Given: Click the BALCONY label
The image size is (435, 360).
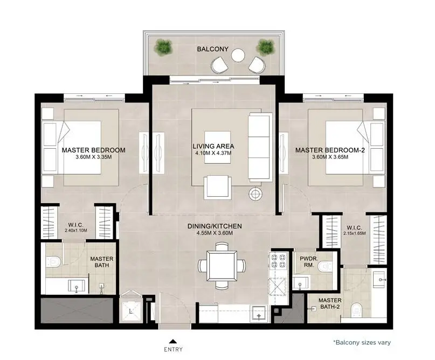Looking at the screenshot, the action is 212,49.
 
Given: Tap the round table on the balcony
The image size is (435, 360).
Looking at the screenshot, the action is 238,55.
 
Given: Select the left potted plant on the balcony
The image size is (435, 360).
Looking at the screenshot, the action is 164,46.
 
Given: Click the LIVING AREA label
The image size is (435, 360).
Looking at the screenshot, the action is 213,146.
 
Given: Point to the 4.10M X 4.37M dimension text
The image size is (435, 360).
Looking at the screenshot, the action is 213,153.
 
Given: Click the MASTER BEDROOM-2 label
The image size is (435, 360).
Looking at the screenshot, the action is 330,150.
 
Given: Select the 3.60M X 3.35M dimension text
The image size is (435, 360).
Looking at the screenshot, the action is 93,157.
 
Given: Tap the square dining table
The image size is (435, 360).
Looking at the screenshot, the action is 222,266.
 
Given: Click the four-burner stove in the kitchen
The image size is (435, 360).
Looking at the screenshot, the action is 278,261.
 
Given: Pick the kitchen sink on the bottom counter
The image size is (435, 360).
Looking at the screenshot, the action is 259,314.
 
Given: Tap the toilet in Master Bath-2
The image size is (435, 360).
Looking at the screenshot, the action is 356,310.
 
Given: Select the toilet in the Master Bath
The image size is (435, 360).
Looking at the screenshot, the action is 53,261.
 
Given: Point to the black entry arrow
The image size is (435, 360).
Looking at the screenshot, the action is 173,342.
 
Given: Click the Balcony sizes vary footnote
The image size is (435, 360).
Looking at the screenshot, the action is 362,343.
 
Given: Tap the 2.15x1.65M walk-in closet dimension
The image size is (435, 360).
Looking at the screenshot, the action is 354,233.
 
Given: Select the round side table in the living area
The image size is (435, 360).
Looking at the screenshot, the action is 255,194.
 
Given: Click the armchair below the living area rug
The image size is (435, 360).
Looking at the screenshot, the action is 218,187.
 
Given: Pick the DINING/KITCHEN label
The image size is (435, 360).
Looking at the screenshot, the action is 215,226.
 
